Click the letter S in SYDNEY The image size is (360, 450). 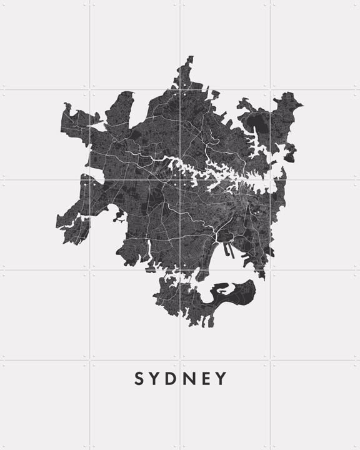coord(139,379)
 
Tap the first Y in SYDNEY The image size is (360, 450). coord(156,379)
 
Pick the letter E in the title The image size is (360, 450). coord(208,379)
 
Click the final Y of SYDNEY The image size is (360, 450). coord(222,379)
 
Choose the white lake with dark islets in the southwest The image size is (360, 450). coord(118,218)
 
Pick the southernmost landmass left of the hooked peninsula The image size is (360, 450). coord(181,306)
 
